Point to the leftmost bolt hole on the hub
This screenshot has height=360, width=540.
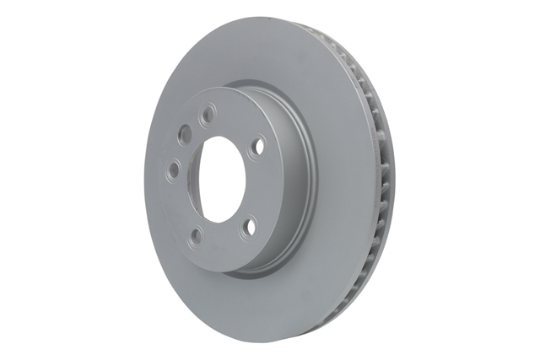tap(173, 170)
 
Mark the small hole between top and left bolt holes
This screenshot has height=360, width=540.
tap(183, 134)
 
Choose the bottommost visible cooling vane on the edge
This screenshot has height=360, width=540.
tap(347, 319)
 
